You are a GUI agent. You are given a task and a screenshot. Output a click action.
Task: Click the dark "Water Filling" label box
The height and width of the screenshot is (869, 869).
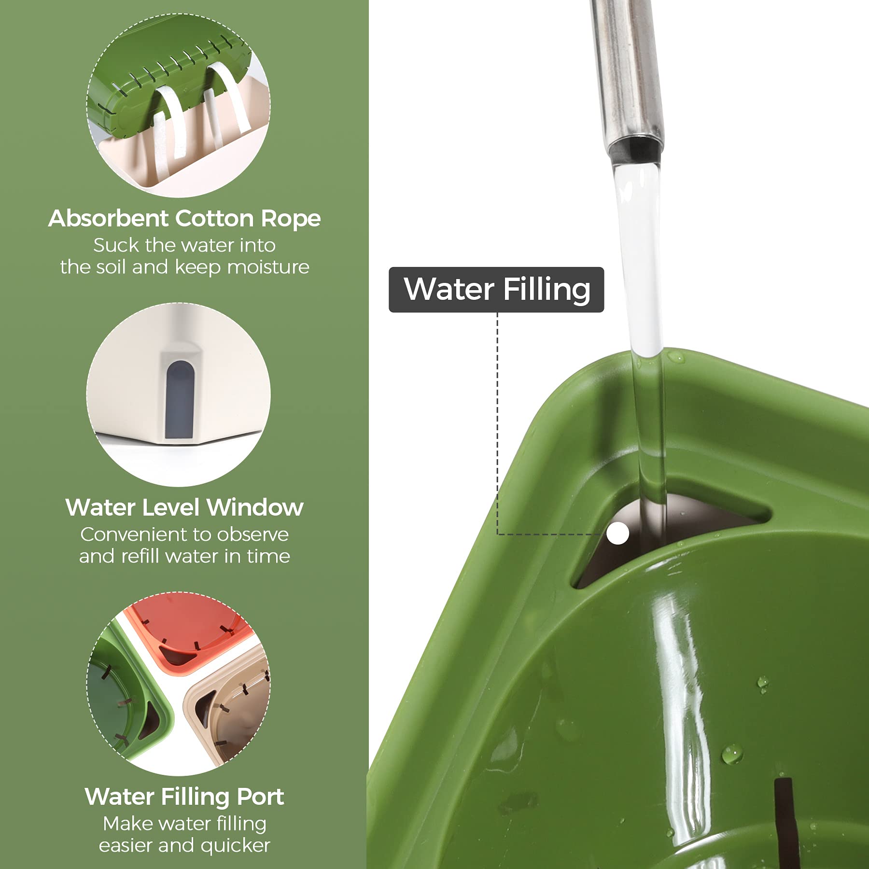[496, 290]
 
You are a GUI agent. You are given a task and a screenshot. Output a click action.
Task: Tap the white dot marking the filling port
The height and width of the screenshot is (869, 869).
[617, 533]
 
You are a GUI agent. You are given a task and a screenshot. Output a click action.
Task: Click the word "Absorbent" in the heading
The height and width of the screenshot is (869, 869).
[108, 218]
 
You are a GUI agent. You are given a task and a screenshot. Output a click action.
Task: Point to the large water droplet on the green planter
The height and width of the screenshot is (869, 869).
[732, 754]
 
